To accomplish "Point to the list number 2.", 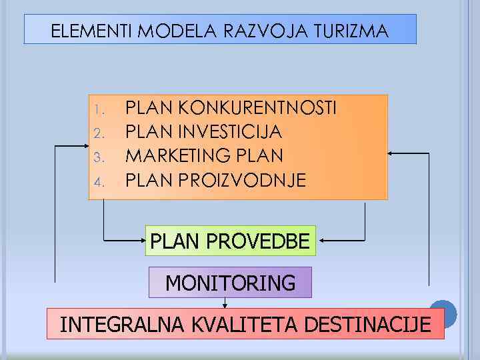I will (x=97, y=133).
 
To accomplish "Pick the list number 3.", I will (x=97, y=157).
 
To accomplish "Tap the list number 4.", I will (x=97, y=181).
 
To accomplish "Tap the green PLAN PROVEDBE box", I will (x=231, y=241).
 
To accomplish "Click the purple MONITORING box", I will (x=230, y=283).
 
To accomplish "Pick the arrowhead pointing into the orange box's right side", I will (x=392, y=153).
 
